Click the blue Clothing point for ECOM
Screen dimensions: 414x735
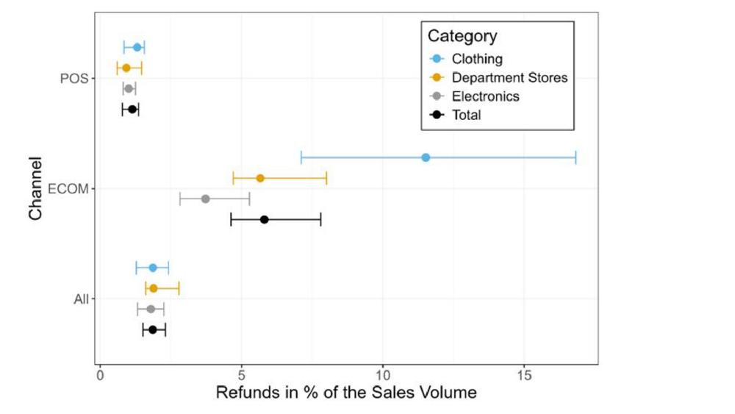[426, 157]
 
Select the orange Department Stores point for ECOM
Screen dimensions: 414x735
[260, 178]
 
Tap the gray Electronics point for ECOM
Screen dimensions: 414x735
[205, 199]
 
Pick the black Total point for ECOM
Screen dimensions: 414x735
[265, 219]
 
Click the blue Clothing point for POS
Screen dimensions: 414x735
[137, 47]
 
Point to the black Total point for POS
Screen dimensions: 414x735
[132, 109]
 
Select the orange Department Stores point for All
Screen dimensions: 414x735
[154, 288]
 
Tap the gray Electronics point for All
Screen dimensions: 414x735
[151, 309]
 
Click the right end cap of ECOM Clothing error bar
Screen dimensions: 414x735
[576, 157]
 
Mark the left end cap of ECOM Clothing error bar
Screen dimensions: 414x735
[301, 157]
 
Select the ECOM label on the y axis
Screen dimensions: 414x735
[68, 189]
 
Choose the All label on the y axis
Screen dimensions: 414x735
[82, 299]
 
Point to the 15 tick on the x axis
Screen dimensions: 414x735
[524, 374]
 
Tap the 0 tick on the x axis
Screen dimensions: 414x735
[101, 374]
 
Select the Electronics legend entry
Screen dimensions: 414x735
[485, 96]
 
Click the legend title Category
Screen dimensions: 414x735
[462, 36]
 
